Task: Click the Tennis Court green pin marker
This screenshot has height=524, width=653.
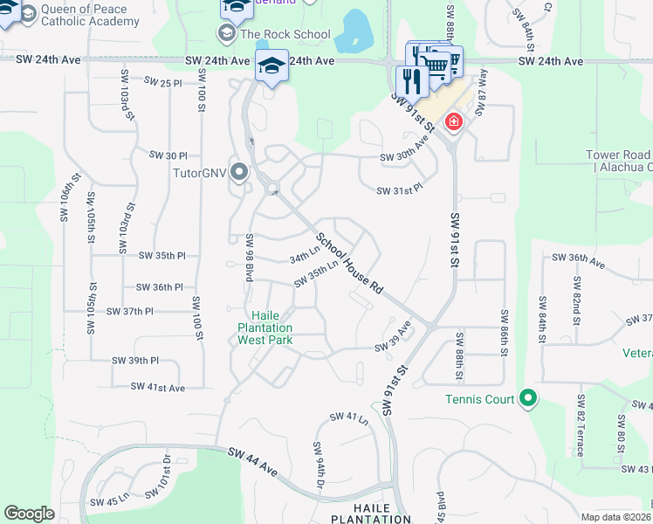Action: coord(527,399)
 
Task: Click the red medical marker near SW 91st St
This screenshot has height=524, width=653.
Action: coord(453,121)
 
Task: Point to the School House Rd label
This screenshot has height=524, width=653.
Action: coord(349,262)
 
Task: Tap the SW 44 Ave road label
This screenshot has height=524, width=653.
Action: coord(253,462)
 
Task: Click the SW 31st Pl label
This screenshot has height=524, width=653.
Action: coord(399,190)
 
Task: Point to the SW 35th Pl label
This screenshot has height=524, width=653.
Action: coord(162,256)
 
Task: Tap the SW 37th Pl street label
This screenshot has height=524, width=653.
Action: coord(130,312)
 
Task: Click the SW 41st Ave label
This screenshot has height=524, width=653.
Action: coord(158,387)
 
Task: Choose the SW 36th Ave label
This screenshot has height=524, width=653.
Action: coord(580,259)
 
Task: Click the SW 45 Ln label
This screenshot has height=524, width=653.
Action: coord(109,501)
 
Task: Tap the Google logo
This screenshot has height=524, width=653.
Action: coord(29,514)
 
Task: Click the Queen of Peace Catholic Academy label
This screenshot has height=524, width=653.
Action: coord(83,16)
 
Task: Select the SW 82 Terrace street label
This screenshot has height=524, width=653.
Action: coord(580,424)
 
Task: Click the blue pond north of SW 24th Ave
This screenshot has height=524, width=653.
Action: coord(355,31)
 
